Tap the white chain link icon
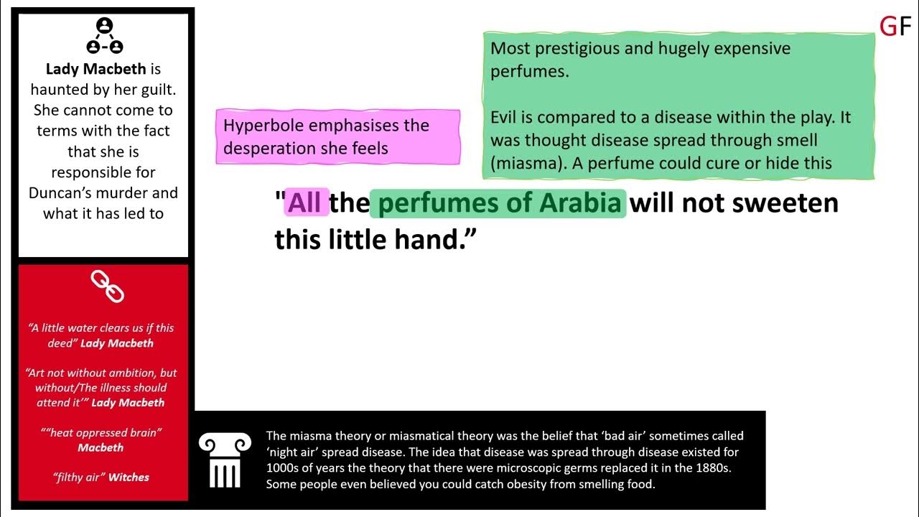click(x=107, y=286)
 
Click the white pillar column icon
click(x=225, y=460)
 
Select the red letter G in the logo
click(x=887, y=27)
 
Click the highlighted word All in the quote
click(x=304, y=203)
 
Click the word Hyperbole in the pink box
click(x=264, y=125)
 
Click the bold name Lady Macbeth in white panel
click(x=95, y=69)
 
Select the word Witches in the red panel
click(x=129, y=477)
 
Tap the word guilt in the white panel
click(x=155, y=90)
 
